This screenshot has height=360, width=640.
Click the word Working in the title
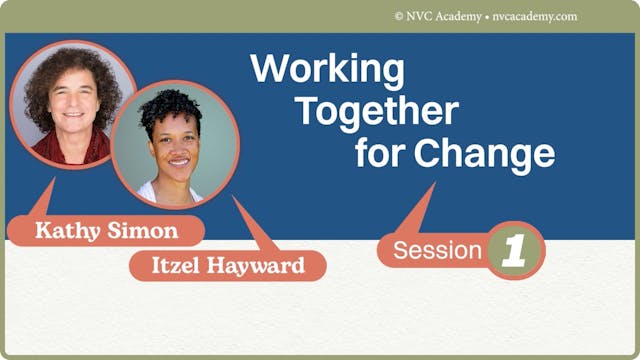coord(327,70)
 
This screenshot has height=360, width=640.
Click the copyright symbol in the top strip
coord(399,16)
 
